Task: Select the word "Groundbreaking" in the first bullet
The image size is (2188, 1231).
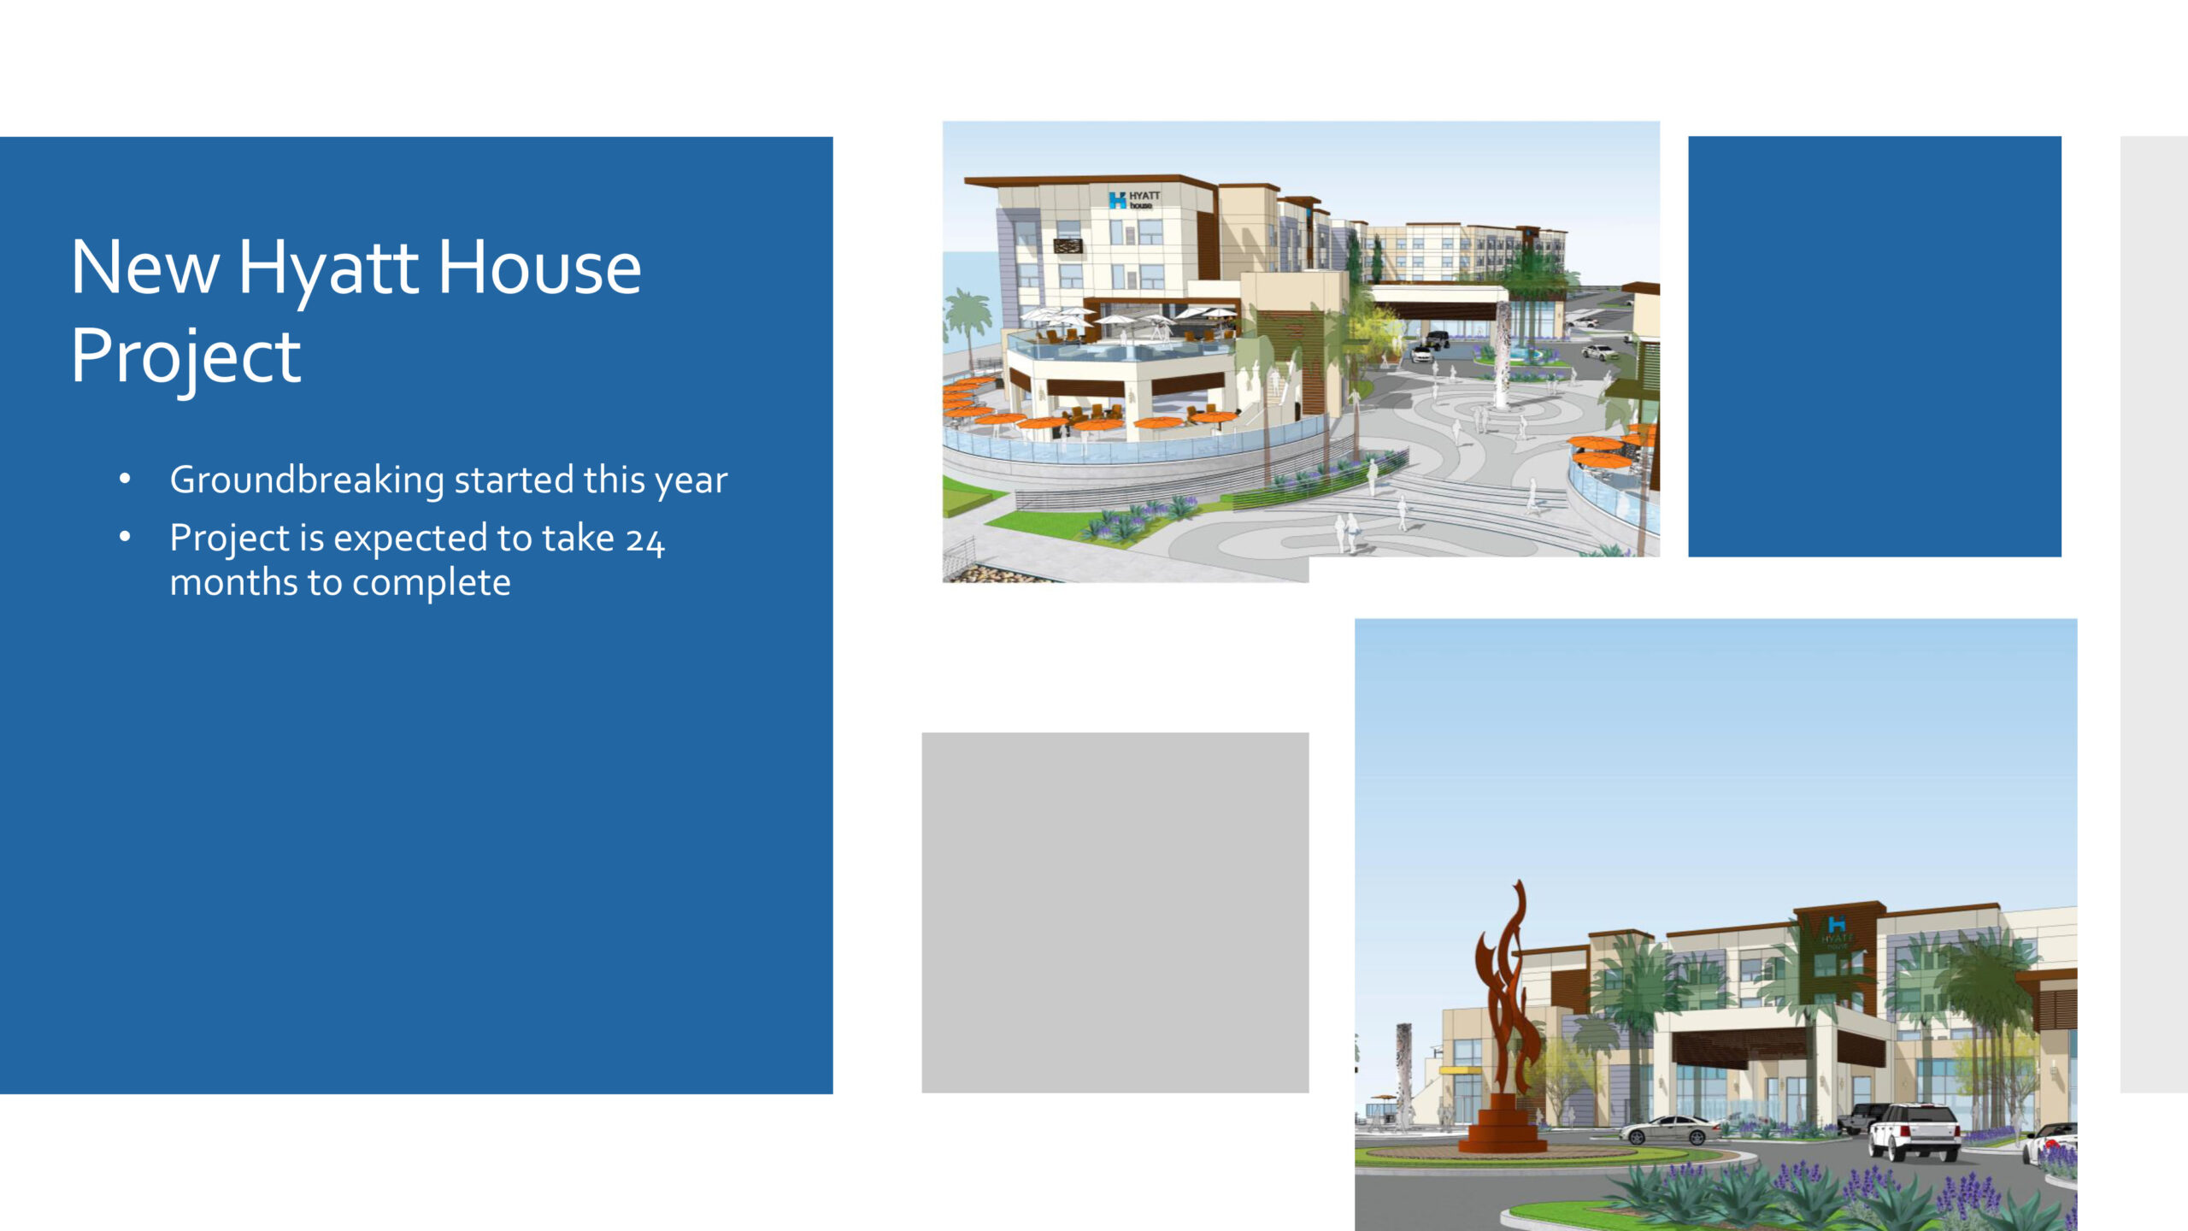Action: coord(307,481)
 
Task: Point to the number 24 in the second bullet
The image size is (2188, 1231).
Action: coord(644,540)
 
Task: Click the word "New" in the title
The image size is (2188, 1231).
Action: coord(145,268)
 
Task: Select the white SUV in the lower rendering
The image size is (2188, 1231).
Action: coord(1914,1130)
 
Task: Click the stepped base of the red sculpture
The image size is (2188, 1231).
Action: coord(1503,1124)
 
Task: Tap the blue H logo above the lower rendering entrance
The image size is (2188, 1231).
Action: coord(1837,924)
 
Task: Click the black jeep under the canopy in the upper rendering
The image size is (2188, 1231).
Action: coord(1436,340)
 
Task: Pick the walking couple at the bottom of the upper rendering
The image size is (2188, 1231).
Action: coord(1345,533)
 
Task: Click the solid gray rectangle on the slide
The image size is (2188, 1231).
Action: coord(1115,912)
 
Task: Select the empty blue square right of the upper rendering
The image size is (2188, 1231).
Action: coord(1874,346)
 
